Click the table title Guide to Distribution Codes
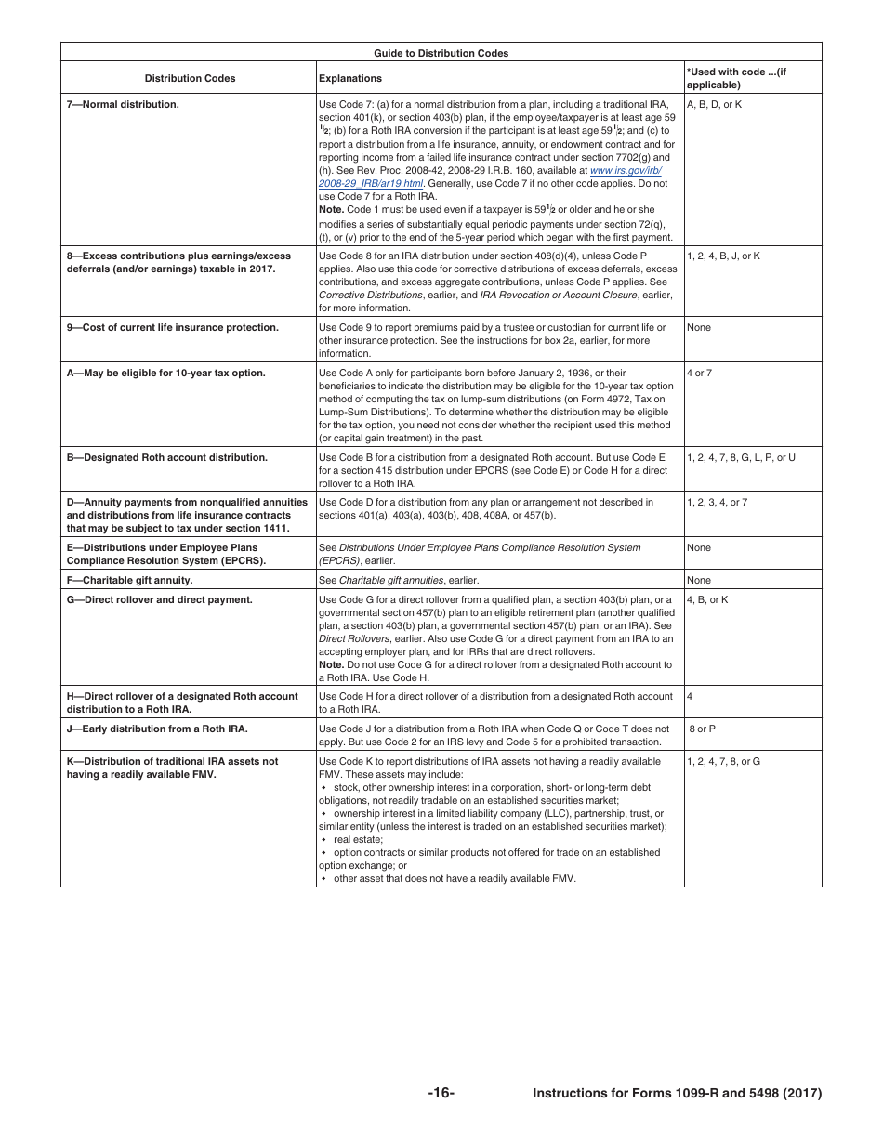[x=441, y=53]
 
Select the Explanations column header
[x=349, y=79]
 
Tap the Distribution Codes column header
[x=190, y=79]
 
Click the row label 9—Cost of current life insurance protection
[x=172, y=328]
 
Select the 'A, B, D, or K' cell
[x=714, y=105]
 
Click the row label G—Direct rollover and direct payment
[x=159, y=600]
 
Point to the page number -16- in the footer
[x=441, y=1093]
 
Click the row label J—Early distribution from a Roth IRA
[x=157, y=729]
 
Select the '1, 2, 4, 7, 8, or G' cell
[x=723, y=762]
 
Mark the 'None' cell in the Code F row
[x=698, y=581]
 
